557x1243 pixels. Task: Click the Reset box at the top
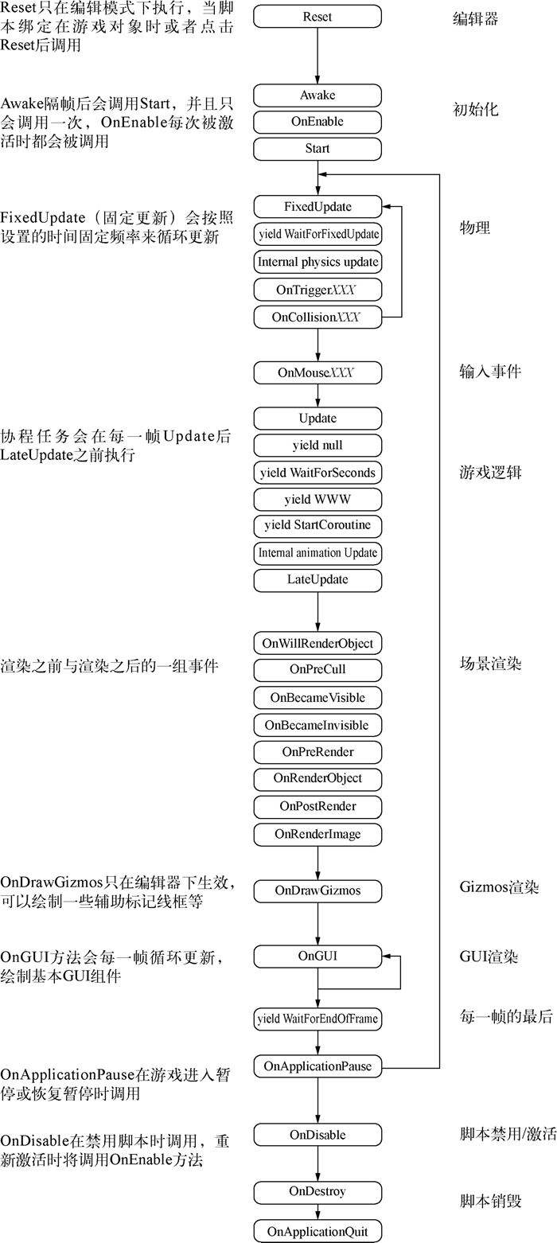[317, 17]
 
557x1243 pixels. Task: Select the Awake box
[317, 95]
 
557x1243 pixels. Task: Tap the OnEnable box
[317, 123]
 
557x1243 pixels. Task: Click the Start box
[317, 149]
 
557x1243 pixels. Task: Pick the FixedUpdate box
[317, 207]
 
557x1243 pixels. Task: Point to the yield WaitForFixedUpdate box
[317, 235]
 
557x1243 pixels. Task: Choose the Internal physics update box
[317, 261]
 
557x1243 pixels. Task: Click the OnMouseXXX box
[317, 372]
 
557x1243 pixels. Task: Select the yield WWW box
[317, 500]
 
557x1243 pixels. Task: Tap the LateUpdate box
[317, 579]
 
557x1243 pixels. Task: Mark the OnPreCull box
[317, 669]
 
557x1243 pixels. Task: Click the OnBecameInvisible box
[317, 725]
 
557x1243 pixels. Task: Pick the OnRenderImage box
[317, 834]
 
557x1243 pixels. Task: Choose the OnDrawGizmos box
[317, 890]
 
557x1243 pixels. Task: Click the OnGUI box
[317, 956]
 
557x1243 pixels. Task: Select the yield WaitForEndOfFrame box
[317, 1018]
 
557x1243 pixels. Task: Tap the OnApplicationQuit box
[317, 1231]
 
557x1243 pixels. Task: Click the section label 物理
[475, 228]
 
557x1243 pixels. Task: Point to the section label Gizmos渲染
[500, 887]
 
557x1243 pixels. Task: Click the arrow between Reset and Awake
[317, 56]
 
